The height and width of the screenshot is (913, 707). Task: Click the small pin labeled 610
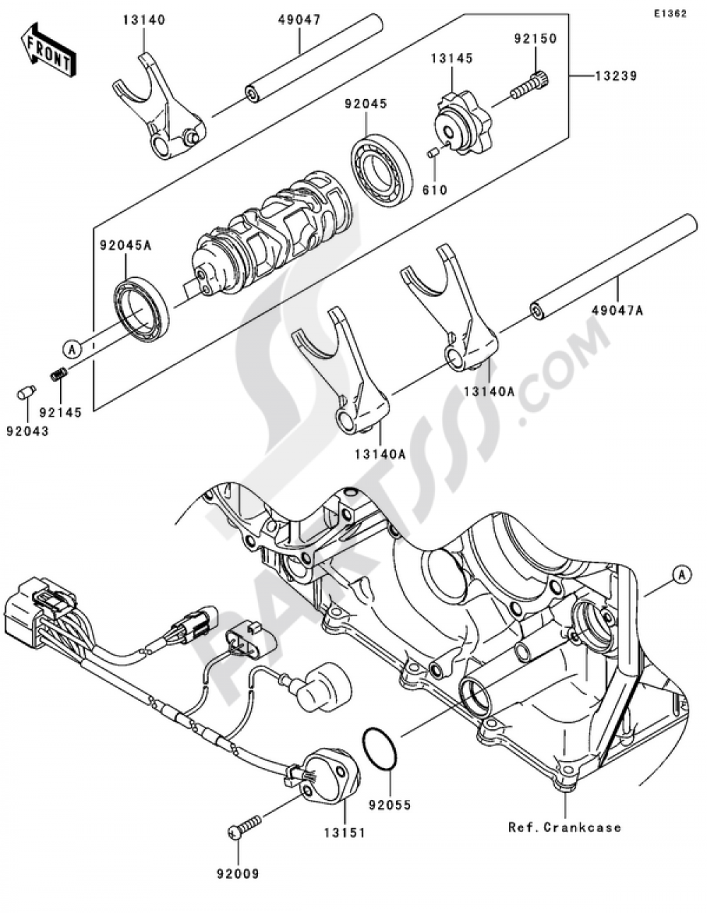click(x=433, y=152)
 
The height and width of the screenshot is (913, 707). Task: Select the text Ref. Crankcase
click(x=565, y=827)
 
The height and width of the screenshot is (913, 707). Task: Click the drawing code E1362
click(x=670, y=13)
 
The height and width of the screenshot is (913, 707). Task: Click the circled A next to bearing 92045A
click(x=71, y=347)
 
